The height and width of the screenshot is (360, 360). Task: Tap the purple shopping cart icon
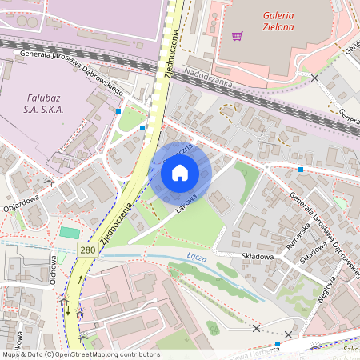pos(237,35)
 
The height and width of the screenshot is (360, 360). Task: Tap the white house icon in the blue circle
pos(180,172)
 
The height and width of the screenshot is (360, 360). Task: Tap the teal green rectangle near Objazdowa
pos(70,232)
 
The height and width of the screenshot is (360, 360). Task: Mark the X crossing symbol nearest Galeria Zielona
pos(314,78)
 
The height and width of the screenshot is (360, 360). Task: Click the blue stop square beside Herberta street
pos(277,344)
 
